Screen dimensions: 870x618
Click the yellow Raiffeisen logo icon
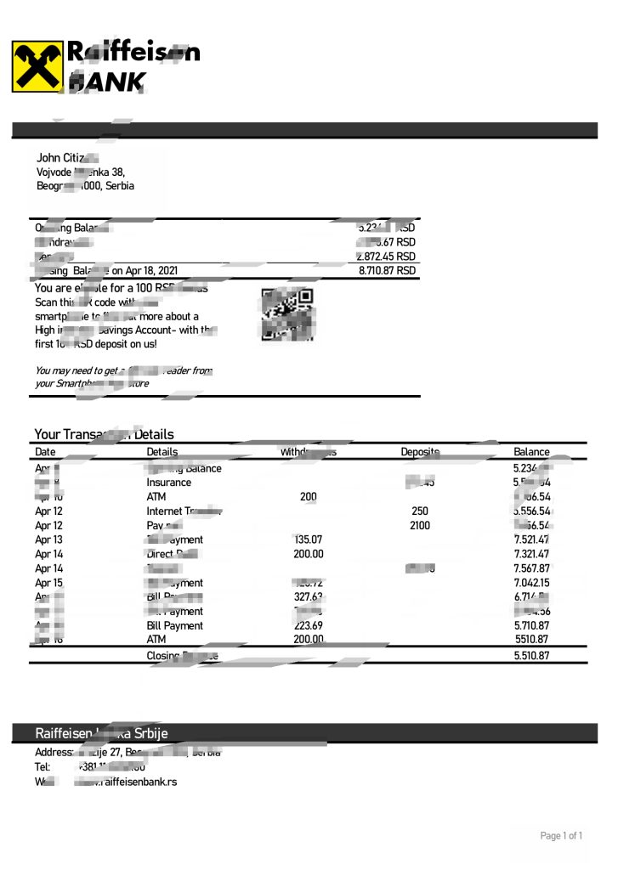37,66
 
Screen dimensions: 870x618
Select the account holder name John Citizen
67,158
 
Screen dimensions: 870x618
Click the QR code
287,314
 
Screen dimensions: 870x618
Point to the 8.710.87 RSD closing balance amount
388,270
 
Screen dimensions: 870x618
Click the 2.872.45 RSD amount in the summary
387,256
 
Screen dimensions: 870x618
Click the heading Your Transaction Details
104,434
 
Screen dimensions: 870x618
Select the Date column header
46,452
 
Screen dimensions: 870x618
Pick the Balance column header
531,452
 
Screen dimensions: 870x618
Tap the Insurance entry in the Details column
169,483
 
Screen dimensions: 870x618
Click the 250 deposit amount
420,511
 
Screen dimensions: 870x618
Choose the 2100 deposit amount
420,526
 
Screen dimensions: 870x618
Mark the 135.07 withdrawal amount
309,540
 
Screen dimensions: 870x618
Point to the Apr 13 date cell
48,540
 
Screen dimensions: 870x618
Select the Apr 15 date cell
48,583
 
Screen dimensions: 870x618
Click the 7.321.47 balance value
531,554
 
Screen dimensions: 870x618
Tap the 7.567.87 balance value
531,568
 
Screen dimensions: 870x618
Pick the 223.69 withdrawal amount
309,625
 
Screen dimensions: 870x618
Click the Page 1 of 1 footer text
561,836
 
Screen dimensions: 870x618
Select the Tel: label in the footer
43,766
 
